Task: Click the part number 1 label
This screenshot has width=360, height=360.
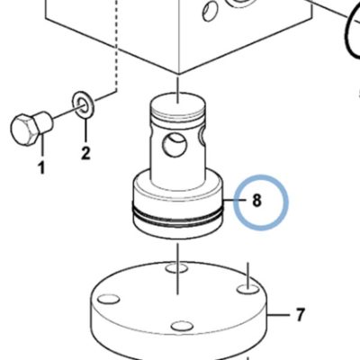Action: pyautogui.click(x=40, y=168)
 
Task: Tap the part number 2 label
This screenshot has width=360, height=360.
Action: pyautogui.click(x=85, y=153)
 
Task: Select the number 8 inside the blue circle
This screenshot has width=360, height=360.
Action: pyautogui.click(x=256, y=201)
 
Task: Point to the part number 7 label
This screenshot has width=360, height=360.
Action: pyautogui.click(x=300, y=315)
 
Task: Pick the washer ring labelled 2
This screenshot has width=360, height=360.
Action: pyautogui.click(x=83, y=104)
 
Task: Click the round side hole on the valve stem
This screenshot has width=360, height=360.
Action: pyautogui.click(x=174, y=145)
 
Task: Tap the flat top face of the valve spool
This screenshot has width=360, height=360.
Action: pyautogui.click(x=177, y=104)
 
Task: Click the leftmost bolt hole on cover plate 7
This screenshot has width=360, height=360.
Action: pyautogui.click(x=109, y=299)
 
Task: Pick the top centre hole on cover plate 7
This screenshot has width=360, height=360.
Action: pyautogui.click(x=177, y=267)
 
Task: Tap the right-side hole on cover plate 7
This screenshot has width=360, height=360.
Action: pyautogui.click(x=248, y=289)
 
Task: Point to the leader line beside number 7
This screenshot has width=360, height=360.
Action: pyautogui.click(x=279, y=315)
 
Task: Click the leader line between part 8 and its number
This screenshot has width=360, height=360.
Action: pyautogui.click(x=236, y=200)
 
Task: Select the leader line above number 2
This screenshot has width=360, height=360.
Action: pyautogui.click(x=85, y=130)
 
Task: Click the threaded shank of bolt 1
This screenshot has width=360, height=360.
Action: pyautogui.click(x=46, y=122)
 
